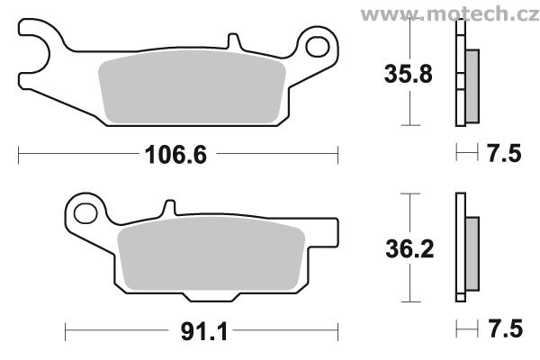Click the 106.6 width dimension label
click(176, 155)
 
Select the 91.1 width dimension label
click(204, 332)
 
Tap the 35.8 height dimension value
click(408, 74)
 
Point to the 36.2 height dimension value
click(409, 248)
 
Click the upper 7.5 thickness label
click(504, 153)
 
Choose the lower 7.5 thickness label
click(505, 328)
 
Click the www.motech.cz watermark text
click(450, 14)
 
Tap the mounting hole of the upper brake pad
click(317, 47)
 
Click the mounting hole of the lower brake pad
click(85, 213)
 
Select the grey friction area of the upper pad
click(192, 87)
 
